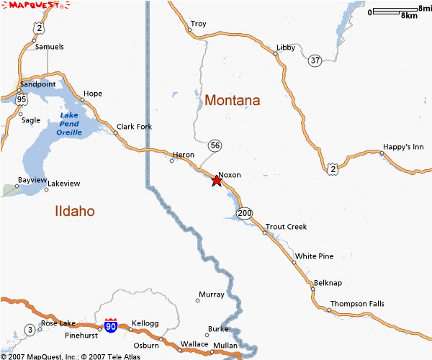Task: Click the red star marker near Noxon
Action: point(217,181)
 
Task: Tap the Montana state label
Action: point(233,100)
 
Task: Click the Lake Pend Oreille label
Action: point(69,124)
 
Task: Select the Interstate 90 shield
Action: point(110,325)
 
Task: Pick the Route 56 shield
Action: point(215,145)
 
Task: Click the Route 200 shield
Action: point(246,212)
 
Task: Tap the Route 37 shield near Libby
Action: point(315,60)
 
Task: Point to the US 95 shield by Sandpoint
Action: point(22,99)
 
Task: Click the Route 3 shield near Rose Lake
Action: point(30,330)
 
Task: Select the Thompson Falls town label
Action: point(357,304)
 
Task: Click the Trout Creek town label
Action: point(286,227)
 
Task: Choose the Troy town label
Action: point(198,24)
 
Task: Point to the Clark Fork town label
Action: point(134,127)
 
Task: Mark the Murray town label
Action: point(211,294)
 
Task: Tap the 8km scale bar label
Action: point(409,15)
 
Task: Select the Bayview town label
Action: point(32,179)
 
